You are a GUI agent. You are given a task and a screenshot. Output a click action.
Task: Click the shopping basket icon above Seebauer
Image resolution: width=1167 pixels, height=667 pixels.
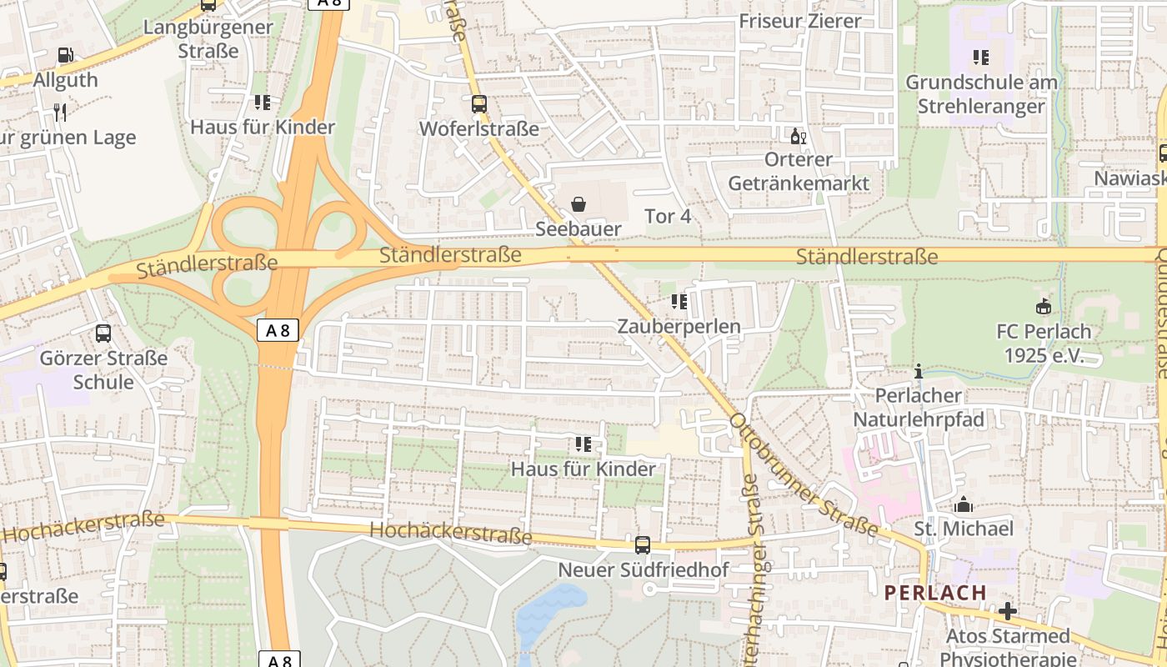point(578,204)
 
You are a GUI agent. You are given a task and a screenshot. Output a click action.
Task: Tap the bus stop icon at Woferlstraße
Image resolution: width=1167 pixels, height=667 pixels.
point(478,104)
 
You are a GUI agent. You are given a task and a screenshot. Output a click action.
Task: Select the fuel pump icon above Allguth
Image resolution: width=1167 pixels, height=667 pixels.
point(65,56)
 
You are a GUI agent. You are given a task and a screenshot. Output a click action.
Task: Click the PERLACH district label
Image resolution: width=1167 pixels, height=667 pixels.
point(935,593)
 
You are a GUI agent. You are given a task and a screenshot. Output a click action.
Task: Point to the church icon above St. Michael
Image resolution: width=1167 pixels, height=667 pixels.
point(964,504)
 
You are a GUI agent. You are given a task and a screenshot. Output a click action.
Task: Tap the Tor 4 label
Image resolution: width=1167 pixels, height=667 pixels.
point(668,216)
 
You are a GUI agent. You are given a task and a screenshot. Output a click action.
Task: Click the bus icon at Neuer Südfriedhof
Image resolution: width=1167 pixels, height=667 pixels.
point(643,545)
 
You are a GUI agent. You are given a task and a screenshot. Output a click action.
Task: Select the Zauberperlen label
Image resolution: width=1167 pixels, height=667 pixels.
point(679,326)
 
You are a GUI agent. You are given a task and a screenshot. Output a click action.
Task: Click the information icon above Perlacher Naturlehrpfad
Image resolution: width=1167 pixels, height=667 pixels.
point(919,371)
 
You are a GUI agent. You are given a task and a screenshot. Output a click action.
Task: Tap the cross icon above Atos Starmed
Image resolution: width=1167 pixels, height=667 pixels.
point(1007,611)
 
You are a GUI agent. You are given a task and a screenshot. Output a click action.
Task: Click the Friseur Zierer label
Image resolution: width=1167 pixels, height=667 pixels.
point(799,21)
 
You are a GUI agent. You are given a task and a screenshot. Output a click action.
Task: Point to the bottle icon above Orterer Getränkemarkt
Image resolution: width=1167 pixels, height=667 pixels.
point(798,135)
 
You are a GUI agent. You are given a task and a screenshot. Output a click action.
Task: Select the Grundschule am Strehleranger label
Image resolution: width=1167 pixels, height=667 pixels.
point(980,94)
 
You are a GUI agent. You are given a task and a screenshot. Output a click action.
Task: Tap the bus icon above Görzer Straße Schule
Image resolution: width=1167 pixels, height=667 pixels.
point(103,333)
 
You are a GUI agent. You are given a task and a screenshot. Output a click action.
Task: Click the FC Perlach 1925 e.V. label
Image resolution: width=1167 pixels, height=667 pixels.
point(1043,343)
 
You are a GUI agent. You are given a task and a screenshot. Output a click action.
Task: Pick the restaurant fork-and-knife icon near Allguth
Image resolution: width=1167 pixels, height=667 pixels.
point(59,112)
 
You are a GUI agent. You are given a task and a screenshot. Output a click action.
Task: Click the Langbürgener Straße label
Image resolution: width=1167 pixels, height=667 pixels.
point(208,38)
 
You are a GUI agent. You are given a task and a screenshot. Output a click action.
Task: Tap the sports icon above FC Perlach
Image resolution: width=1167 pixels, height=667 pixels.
point(1043,306)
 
